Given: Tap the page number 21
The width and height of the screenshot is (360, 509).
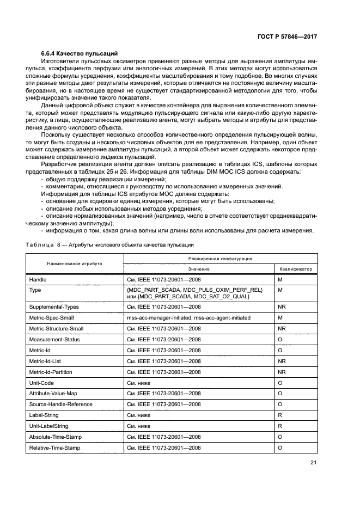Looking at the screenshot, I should pyautogui.click(x=313, y=463).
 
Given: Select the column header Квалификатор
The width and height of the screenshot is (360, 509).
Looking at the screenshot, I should pyautogui.click(x=296, y=269).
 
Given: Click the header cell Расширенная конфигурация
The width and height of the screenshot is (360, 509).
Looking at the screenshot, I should pyautogui.click(x=220, y=259).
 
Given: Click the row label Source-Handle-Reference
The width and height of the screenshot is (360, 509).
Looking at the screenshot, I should pyautogui.click(x=60, y=404).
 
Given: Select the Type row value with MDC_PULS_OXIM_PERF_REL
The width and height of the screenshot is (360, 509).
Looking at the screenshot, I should pyautogui.click(x=194, y=290).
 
